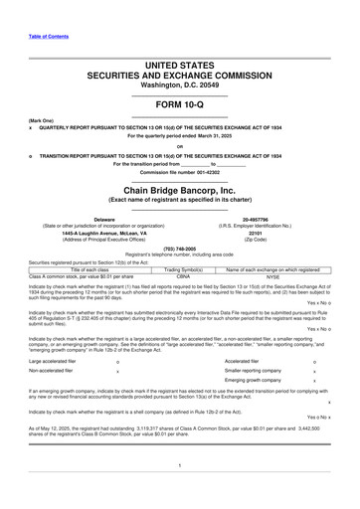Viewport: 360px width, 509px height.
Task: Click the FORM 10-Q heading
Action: click(180, 103)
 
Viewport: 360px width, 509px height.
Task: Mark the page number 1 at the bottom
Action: click(180, 464)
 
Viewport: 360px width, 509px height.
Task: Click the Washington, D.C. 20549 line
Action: click(180, 85)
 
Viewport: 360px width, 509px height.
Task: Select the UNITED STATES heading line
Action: click(180, 64)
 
